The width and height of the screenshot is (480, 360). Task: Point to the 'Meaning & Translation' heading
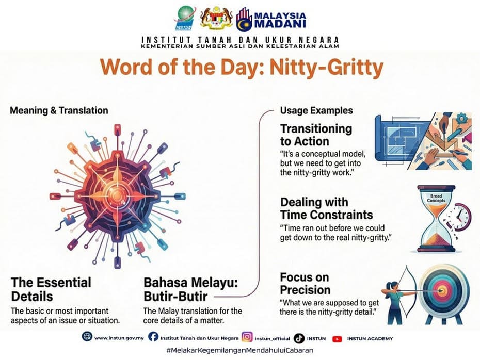[59, 110]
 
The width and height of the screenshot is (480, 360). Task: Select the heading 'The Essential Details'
[51, 289]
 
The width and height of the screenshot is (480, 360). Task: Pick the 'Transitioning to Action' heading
[316, 135]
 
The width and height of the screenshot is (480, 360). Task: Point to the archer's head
[391, 285]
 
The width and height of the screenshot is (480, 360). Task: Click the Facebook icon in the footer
[153, 337]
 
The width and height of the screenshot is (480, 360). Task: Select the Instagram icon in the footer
[247, 338]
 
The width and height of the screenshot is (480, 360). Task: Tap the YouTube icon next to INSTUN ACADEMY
[338, 338]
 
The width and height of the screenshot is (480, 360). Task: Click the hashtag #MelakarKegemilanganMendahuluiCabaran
[239, 351]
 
